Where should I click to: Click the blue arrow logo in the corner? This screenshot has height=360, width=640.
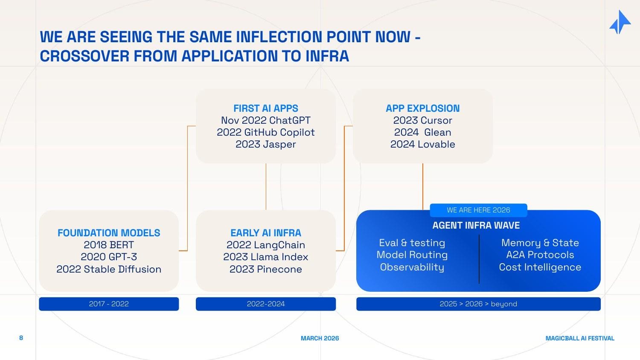pos(620,22)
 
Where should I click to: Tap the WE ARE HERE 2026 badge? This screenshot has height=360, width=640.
pos(478,210)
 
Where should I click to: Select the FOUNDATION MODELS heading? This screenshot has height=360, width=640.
pos(109,233)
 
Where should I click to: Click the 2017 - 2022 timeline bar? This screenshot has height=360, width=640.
pos(109,304)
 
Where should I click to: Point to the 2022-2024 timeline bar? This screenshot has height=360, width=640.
pos(265,304)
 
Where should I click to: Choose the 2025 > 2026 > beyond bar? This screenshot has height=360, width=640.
pos(478,304)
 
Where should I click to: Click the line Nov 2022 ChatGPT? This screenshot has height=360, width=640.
pos(265,120)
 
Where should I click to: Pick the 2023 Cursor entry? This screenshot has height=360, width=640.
pos(422,120)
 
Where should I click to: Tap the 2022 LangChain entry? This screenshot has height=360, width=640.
pos(265,245)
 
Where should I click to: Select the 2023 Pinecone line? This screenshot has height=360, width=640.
pos(265,269)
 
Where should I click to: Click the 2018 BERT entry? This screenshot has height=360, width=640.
pos(109,245)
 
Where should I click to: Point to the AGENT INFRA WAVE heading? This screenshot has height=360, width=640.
pos(476,225)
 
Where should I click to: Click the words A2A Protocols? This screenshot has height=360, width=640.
pos(540,255)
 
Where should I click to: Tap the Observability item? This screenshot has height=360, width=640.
pos(412,267)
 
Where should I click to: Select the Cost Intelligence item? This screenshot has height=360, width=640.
pos(540,267)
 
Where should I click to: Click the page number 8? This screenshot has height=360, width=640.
pos(21,338)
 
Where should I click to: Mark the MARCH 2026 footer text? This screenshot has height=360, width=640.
pos(320,338)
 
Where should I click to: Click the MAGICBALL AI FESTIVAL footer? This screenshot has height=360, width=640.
pos(580,338)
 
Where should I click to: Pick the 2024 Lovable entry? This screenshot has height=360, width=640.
pos(422,144)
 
